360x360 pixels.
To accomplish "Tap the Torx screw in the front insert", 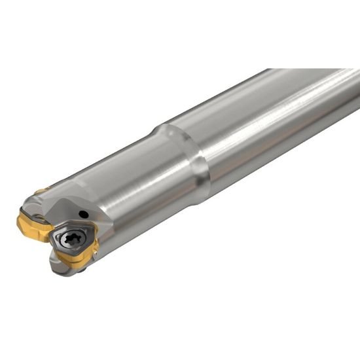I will point(69,238).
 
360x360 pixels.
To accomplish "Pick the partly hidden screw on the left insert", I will point(39,219).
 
